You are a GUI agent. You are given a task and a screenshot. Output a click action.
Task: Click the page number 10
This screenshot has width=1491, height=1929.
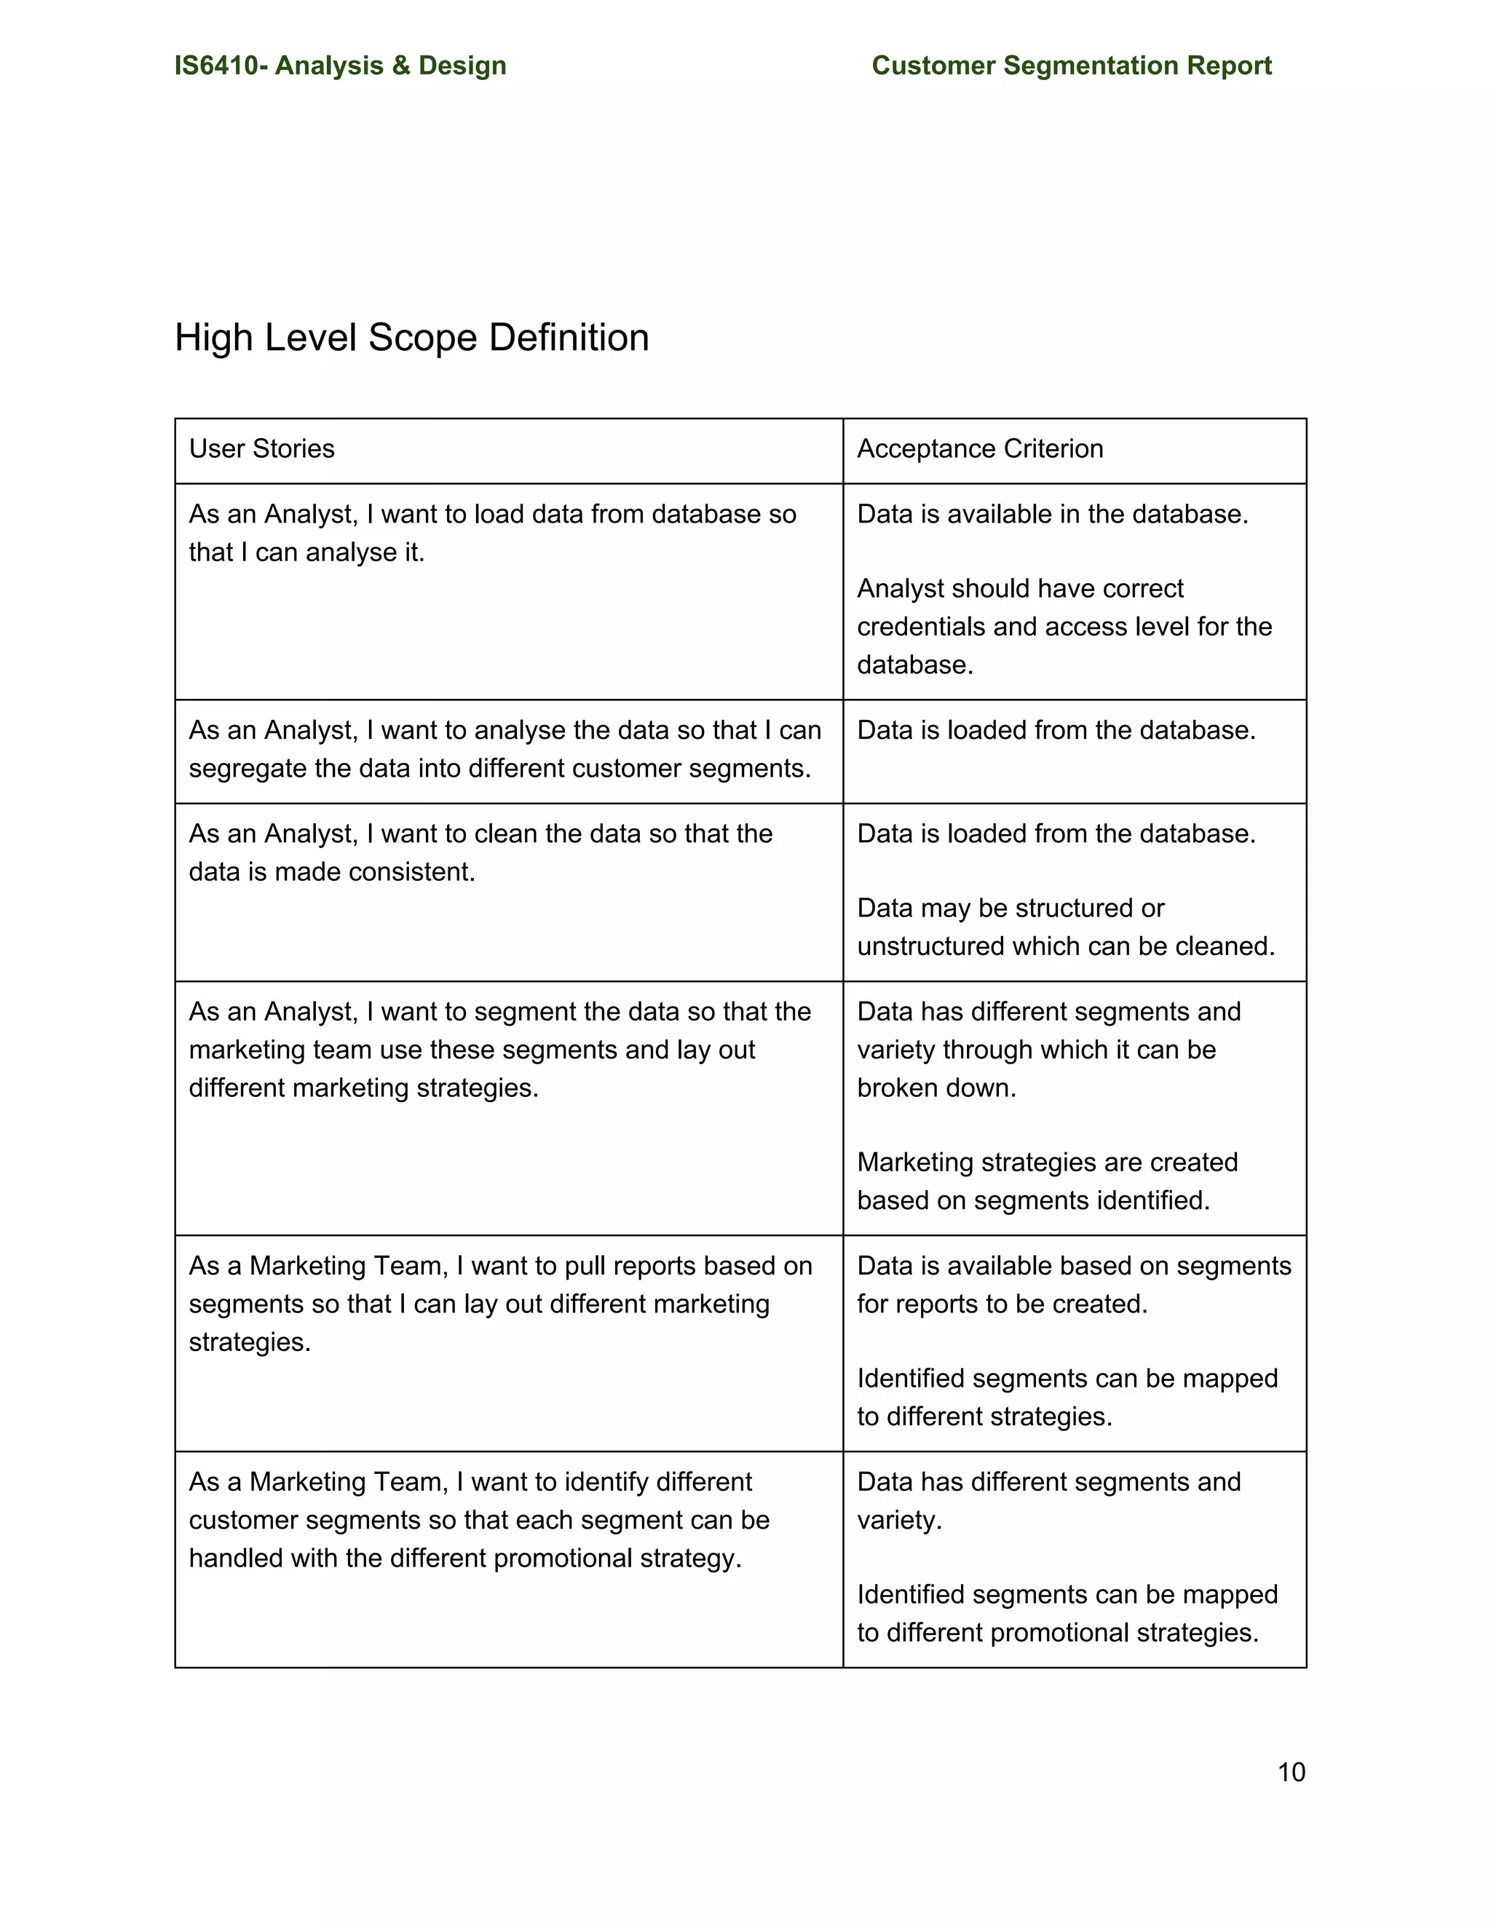pyautogui.click(x=1291, y=1772)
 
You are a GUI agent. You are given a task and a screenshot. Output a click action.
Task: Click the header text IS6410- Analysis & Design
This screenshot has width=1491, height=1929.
pyautogui.click(x=340, y=66)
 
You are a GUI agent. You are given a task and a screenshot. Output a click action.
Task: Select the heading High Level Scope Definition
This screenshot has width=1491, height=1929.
pyautogui.click(x=411, y=338)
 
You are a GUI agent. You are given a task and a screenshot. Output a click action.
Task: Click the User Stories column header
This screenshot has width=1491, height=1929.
pyautogui.click(x=261, y=448)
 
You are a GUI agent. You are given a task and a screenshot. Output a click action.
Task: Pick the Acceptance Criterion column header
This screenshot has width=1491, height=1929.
pyautogui.click(x=980, y=448)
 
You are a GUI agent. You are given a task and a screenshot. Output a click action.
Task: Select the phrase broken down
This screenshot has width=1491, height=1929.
pyautogui.click(x=936, y=1088)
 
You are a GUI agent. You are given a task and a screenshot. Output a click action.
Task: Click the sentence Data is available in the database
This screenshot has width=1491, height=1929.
pyautogui.click(x=1052, y=514)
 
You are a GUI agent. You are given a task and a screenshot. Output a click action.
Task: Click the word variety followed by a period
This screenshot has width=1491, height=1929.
pyautogui.click(x=898, y=1520)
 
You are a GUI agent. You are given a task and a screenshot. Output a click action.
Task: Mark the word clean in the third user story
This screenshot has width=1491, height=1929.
pyautogui.click(x=506, y=833)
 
